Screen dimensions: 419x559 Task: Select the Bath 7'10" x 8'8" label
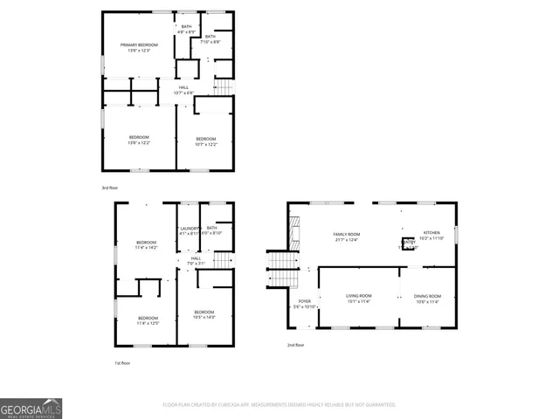tap(210, 39)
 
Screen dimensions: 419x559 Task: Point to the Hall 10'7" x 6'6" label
tap(184, 90)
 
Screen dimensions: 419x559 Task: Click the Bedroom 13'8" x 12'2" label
tap(139, 140)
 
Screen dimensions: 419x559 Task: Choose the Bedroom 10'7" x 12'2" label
tap(205, 141)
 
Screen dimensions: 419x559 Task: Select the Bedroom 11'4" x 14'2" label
tap(146, 244)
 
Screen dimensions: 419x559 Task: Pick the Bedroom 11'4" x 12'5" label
tap(148, 319)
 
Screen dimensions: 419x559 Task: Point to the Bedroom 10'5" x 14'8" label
tap(204, 314)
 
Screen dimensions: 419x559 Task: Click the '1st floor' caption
tap(122, 363)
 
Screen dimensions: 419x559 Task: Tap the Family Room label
tap(347, 237)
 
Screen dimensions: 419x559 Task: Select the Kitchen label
tap(432, 235)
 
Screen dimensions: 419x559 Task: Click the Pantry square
tap(408, 245)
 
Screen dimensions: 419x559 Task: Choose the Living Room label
tap(358, 299)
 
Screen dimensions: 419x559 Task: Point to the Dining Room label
tap(427, 299)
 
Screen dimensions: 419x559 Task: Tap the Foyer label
tap(302, 304)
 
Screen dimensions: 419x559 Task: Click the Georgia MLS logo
tap(31, 409)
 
